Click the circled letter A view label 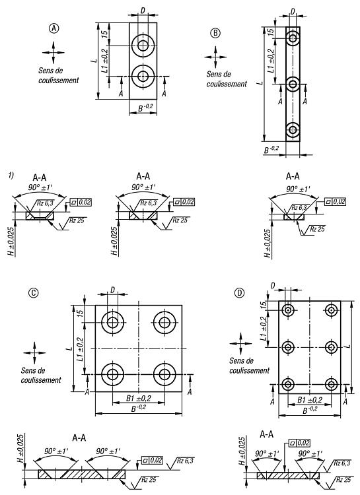tap(54, 28)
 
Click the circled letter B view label tap(215, 33)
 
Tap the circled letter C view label tap(33, 293)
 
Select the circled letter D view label tap(239, 293)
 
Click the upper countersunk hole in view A tap(143, 46)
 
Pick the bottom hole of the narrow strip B tap(293, 130)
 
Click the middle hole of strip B tap(293, 84)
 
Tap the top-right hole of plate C tap(164, 322)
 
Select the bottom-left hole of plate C tap(112, 374)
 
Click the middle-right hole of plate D tap(331, 347)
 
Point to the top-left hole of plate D tap(287, 310)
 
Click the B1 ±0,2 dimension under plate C tap(139, 399)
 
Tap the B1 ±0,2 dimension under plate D tap(310, 401)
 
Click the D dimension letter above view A tap(143, 11)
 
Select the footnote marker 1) tap(11, 175)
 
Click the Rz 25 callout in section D tap(343, 480)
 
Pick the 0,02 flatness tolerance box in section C tap(153, 461)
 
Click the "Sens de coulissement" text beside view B tap(227, 79)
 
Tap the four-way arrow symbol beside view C tap(34, 352)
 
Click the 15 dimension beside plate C tap(80, 313)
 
